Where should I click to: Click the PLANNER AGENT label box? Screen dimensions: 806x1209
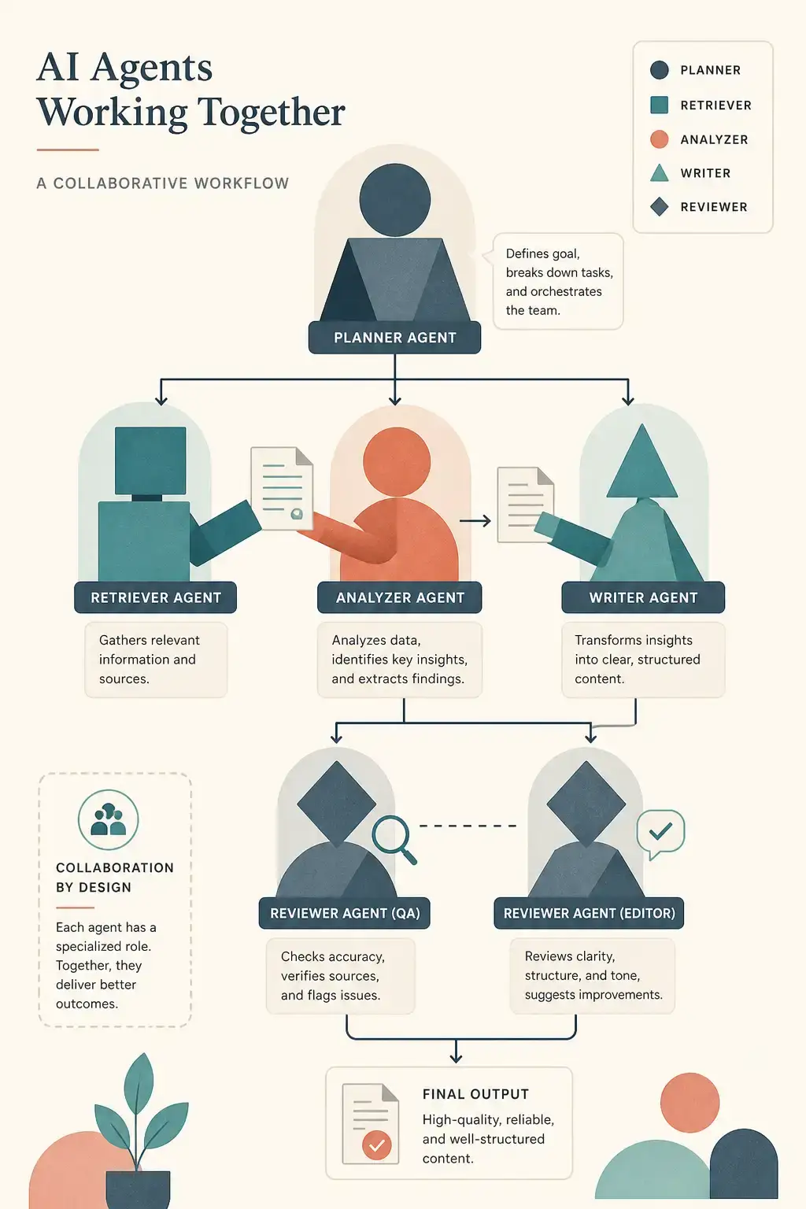(394, 338)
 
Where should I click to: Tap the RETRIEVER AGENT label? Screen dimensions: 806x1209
(156, 597)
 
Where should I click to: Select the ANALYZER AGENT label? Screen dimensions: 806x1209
(400, 597)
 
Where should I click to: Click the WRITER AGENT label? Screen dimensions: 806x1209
(643, 597)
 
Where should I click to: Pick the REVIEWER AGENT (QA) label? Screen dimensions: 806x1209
(345, 913)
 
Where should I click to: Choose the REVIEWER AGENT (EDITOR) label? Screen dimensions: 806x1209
(589, 913)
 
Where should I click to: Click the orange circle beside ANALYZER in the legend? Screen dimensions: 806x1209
(659, 139)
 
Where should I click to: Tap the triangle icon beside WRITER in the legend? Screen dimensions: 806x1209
(659, 174)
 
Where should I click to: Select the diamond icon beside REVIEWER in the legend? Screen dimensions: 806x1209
(659, 207)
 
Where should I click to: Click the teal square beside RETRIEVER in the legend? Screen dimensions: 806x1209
(659, 105)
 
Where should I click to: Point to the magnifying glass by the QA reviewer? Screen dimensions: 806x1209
(393, 839)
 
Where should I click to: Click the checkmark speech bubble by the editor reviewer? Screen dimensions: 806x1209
(660, 834)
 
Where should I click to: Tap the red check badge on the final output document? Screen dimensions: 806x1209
(377, 1144)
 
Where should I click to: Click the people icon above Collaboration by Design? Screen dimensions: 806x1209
(108, 820)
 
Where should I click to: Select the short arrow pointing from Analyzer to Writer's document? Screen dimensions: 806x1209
(475, 521)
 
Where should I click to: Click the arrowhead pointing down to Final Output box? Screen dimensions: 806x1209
(457, 1058)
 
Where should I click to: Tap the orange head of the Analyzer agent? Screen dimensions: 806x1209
(397, 462)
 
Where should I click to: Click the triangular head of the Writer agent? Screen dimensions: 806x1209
(641, 462)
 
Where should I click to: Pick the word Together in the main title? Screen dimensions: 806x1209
(272, 113)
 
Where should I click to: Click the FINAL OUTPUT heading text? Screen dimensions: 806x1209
(475, 1094)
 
